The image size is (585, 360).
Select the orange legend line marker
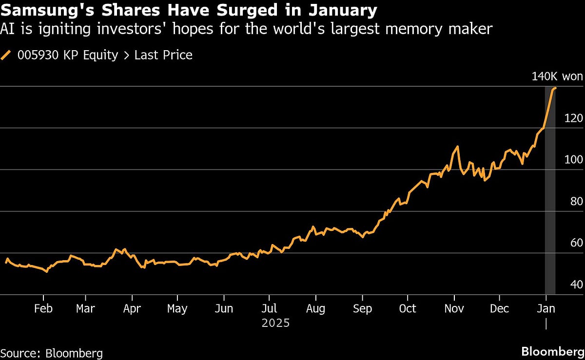(7, 55)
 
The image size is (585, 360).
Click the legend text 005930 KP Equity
(68, 55)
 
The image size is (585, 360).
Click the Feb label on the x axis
(43, 309)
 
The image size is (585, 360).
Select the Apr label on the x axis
(132, 309)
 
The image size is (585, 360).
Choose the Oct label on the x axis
(408, 309)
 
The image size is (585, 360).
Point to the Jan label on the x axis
(546, 309)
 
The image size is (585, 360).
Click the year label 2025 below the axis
(275, 323)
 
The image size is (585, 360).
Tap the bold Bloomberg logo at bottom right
(552, 352)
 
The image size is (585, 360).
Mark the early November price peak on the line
(457, 146)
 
